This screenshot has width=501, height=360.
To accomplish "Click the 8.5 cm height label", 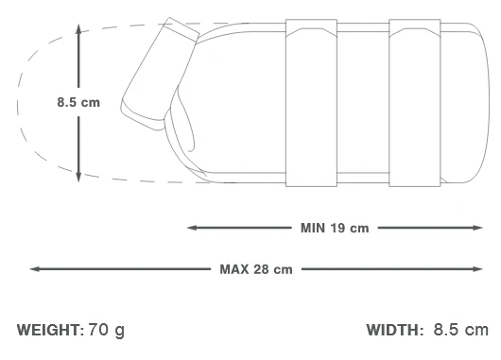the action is pyautogui.click(x=78, y=103).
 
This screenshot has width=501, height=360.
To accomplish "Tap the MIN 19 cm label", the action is pyautogui.click(x=335, y=228).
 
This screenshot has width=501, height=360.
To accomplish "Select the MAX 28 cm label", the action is pyautogui.click(x=256, y=269).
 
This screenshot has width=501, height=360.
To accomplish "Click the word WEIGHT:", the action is pyautogui.click(x=50, y=330).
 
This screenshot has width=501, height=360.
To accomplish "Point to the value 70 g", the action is pyautogui.click(x=107, y=331).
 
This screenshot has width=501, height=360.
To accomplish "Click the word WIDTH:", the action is pyautogui.click(x=394, y=330).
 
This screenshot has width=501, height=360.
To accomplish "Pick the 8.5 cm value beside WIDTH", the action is pyautogui.click(x=461, y=330).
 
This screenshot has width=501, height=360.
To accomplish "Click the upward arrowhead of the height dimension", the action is pyautogui.click(x=78, y=29).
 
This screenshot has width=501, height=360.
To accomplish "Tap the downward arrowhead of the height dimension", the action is pyautogui.click(x=78, y=177).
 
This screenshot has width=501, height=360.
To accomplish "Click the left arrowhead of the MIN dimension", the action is pyautogui.click(x=192, y=228).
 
